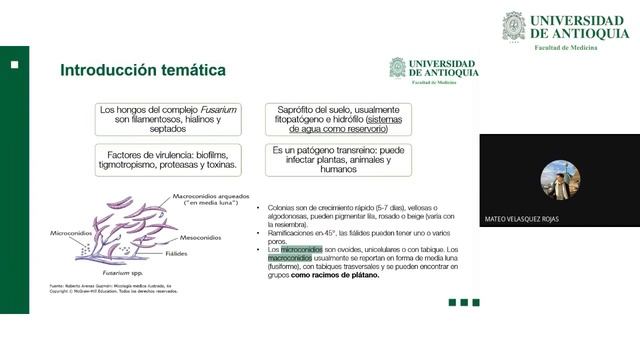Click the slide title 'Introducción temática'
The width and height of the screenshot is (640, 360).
point(143,70)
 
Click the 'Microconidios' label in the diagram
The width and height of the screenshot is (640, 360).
point(71,232)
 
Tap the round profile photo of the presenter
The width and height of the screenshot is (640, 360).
point(560,180)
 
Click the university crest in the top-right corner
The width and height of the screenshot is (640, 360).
point(513,26)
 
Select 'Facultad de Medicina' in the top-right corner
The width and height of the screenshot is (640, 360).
point(567,48)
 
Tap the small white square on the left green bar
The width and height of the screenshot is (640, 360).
point(15,64)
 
